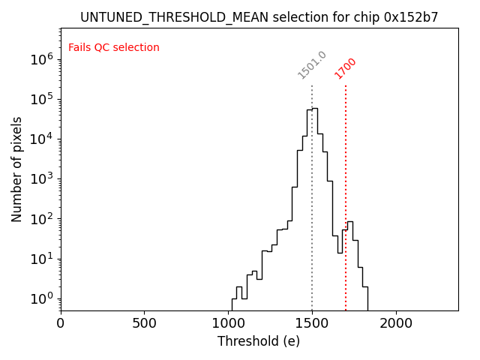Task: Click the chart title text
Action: [x=259, y=16]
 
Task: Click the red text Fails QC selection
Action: [x=114, y=48]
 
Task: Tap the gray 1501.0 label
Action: [x=312, y=65]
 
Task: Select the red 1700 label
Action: [x=346, y=68]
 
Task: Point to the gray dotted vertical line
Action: [x=312, y=187]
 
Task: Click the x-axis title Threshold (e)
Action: [x=259, y=341]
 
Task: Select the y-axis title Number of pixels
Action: [x=17, y=169]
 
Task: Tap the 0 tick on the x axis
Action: [x=61, y=323]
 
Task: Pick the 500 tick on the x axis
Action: [x=145, y=323]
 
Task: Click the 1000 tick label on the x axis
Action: [x=228, y=323]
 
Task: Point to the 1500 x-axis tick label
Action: [x=312, y=323]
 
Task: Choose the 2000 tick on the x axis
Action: [x=396, y=323]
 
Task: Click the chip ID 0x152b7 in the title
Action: [x=411, y=16]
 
